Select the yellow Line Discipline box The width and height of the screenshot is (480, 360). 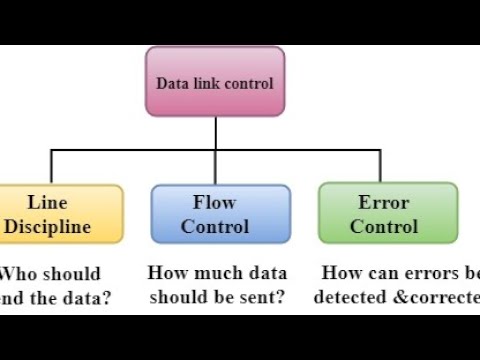[x=60, y=213]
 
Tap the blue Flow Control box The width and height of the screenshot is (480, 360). [x=220, y=213]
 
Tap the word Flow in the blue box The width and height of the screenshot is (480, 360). [x=214, y=202]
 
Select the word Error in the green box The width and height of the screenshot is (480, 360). [x=384, y=202]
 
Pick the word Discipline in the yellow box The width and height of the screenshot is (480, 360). [x=47, y=226]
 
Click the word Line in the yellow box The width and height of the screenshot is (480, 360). [x=47, y=202]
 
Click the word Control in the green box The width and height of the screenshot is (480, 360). [x=384, y=226]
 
